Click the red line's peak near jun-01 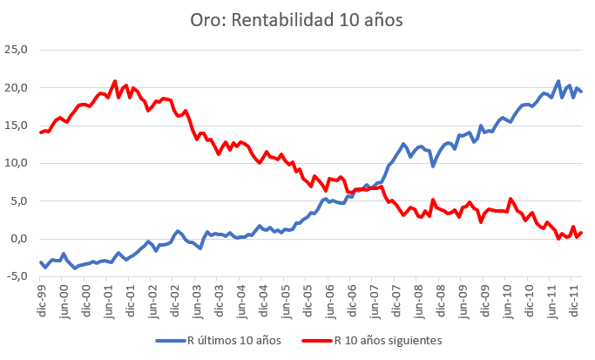115,81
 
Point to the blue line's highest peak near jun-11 558,81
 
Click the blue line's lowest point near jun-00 75,268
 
